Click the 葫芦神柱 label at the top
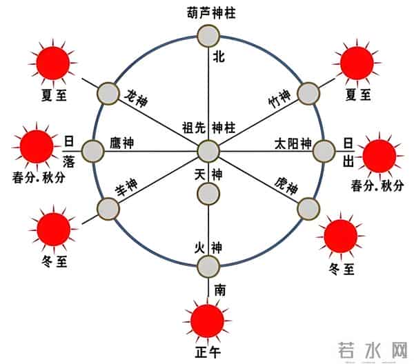pos(208,12)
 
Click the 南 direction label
pos(220,290)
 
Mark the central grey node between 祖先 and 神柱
pos(208,151)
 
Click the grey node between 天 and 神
pos(208,194)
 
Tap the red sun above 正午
pos(207,321)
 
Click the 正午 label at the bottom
pos(207,352)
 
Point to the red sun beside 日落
pos(36,145)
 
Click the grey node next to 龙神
pos(108,93)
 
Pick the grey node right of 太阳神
pos(323,150)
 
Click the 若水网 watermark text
pos(373,350)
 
